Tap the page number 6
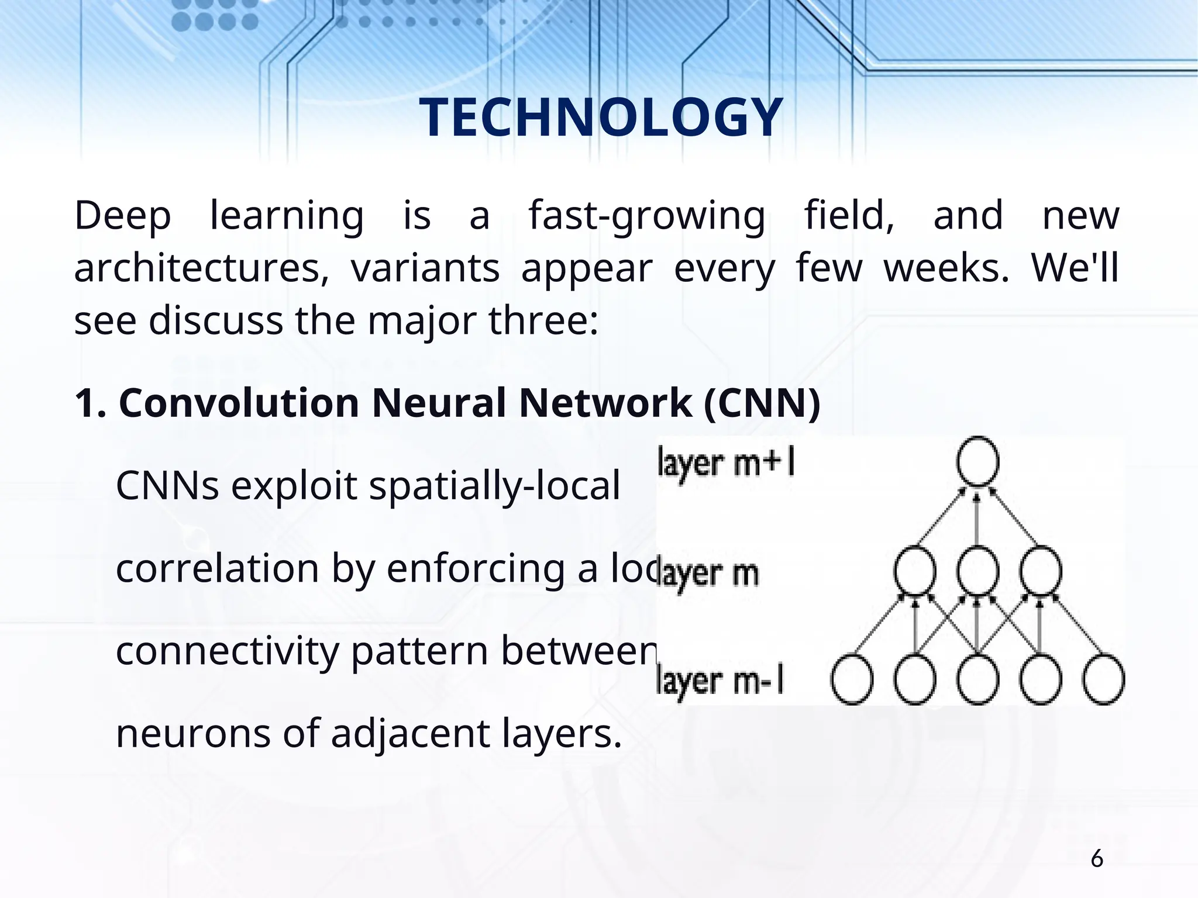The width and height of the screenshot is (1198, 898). point(1097,859)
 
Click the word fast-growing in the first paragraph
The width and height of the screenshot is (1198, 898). point(647,216)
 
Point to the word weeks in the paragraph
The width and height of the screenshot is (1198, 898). point(946,269)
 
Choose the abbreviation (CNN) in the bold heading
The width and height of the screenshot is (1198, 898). point(762,403)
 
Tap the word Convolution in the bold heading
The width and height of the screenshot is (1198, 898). point(239,403)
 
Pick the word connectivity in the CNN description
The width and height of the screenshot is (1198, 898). point(227,652)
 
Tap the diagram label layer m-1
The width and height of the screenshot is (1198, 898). point(720,682)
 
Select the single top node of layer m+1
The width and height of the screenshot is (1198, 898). point(977,461)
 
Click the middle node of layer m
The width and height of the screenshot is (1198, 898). point(977,570)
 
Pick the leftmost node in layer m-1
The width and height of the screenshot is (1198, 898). point(852,681)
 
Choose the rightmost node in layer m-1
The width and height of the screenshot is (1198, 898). point(1103,681)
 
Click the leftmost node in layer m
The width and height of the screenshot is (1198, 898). point(915,570)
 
